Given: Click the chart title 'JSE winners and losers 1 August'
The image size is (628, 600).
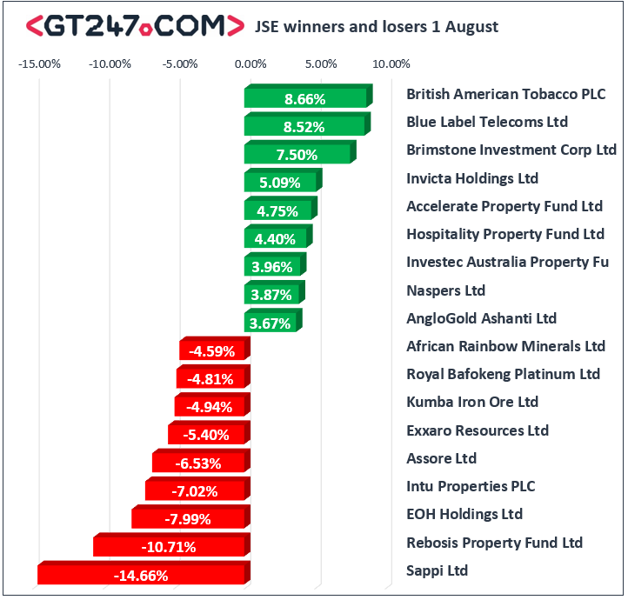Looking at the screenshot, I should pos(376,26).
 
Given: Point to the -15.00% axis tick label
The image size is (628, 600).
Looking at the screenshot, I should pos(40,63).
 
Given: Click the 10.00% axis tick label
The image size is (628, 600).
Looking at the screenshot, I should pos(391,63).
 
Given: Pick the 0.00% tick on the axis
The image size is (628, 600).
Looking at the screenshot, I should pos(250,63).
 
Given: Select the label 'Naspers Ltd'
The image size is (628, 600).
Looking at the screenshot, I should pos(445,290).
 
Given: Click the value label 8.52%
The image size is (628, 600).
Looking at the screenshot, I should pos(304,127).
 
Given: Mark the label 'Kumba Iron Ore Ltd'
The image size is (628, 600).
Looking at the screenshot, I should pos(472,402).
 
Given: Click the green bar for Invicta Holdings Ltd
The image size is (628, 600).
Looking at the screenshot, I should pos(282,183).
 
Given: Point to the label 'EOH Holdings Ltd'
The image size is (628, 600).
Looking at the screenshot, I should pos(464,514).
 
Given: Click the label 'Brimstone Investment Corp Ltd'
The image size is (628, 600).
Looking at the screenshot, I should pos(511,150).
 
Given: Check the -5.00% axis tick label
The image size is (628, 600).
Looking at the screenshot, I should pos(181,63).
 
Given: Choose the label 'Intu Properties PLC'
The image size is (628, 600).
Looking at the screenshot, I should pos(471,486).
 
